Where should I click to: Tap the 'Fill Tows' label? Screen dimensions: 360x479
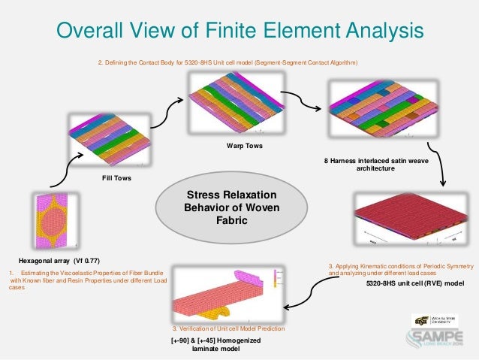(118, 179)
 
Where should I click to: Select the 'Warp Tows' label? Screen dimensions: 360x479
(244, 145)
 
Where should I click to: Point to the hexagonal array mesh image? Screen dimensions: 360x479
(55, 219)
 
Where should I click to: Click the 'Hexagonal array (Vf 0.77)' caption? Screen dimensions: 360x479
(57, 259)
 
